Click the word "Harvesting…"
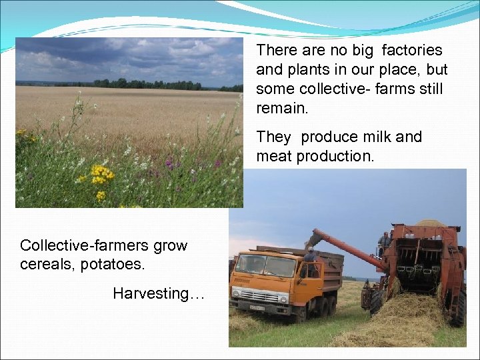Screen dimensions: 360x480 159,293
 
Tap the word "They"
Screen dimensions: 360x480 274,137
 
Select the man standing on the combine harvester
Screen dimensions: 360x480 384,243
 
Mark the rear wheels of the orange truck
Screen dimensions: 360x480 327,306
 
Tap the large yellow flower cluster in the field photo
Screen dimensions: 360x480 101,175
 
